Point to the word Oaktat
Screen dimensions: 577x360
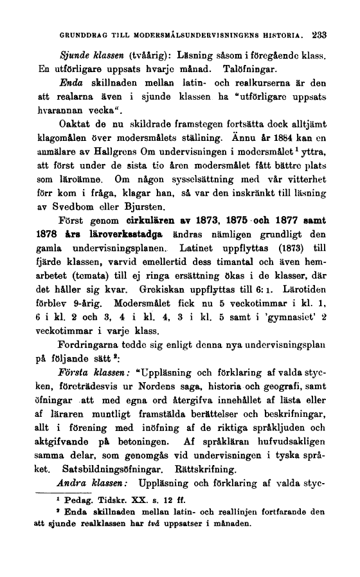[x=76, y=124]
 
